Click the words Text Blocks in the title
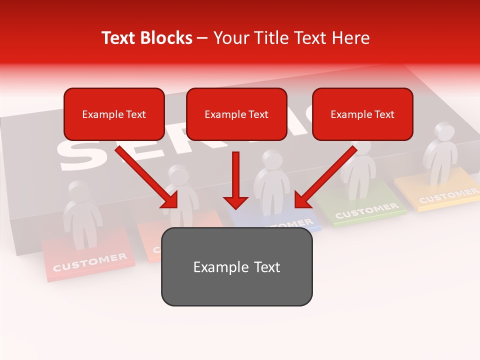146,38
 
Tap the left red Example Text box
114,114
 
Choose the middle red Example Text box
236,114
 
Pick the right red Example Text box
362,114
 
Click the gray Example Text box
236,266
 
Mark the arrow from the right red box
325,177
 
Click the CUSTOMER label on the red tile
90,262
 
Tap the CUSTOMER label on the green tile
366,210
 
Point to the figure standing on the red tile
82,215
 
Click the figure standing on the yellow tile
440,152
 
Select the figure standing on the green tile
358,167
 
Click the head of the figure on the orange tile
177,174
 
